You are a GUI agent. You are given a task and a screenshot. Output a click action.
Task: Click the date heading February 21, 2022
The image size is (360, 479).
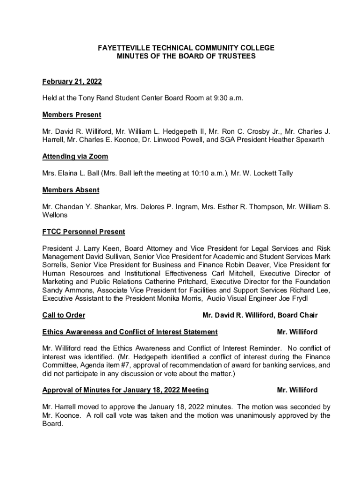(72, 82)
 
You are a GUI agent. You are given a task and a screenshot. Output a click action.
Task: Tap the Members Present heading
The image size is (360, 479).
(72, 115)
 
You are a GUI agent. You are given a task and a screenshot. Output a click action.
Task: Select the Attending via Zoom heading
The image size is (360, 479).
(75, 157)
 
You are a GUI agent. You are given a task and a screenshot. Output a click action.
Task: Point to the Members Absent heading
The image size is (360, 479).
(71, 190)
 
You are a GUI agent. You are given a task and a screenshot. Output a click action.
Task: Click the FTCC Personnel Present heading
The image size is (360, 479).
(84, 232)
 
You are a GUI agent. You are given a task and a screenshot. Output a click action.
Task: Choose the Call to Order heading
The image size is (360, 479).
(64, 315)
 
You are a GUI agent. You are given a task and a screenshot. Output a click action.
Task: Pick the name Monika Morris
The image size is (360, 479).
(178, 298)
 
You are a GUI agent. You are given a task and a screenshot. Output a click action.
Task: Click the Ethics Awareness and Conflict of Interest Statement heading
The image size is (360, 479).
(130, 332)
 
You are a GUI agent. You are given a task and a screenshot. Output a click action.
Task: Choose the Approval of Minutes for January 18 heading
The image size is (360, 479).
(125, 390)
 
